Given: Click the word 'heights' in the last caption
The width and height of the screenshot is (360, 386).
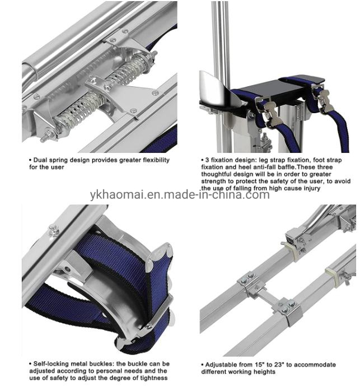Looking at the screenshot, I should [x=265, y=371].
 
